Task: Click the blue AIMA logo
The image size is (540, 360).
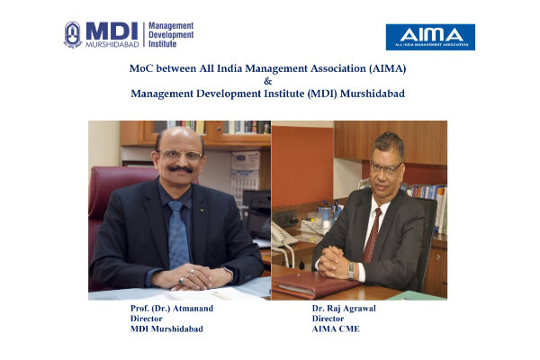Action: point(430,37)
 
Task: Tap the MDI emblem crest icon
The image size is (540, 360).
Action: point(73,35)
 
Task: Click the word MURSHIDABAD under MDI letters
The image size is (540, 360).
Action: point(112,44)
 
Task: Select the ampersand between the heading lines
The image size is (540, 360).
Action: point(267,81)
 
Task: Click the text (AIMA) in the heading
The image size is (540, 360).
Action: point(387,68)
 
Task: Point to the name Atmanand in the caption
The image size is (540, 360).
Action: point(193,309)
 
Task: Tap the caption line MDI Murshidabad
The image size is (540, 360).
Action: point(166,328)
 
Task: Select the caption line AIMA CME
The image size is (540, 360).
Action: point(336,328)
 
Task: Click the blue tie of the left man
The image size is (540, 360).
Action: point(178,234)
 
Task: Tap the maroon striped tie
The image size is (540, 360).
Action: point(372,235)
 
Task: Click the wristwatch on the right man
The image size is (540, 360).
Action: point(351,270)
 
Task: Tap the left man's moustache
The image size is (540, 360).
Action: point(181,169)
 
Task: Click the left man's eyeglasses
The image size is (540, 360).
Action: point(181,155)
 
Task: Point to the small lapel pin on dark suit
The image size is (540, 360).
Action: point(202,210)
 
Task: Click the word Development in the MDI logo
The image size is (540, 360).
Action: point(171,35)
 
